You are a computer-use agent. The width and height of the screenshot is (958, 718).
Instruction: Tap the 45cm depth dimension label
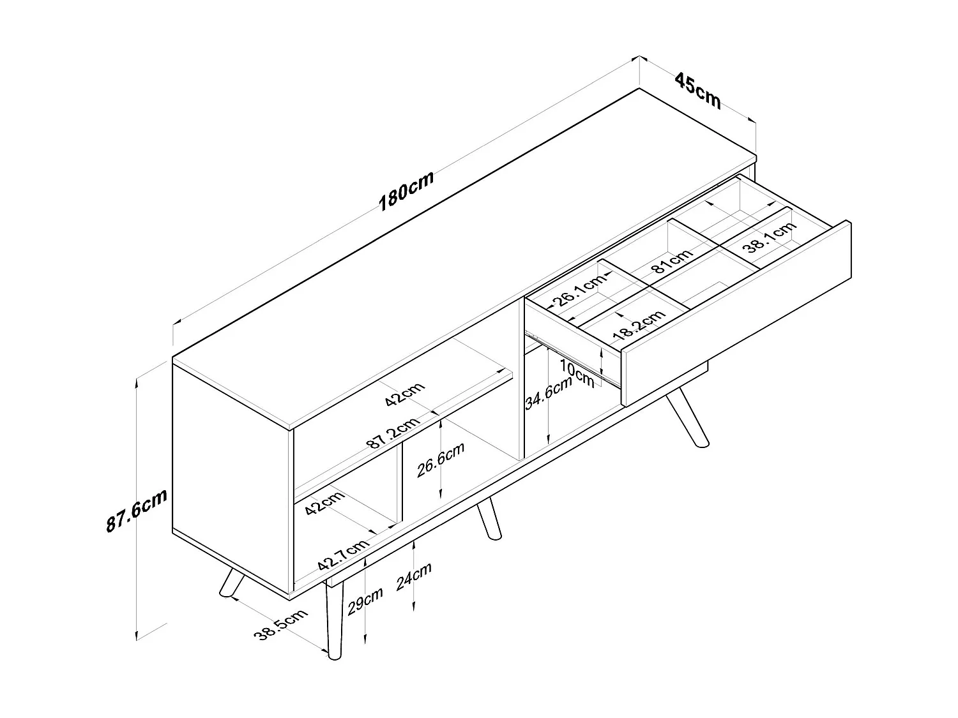coord(698,91)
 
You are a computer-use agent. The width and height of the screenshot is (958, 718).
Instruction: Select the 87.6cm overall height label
coord(136,511)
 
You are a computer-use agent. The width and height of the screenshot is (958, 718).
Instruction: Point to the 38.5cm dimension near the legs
coord(281,625)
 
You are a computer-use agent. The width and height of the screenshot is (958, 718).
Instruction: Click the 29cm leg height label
coord(365,601)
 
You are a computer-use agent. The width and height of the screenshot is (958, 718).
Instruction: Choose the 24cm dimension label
coord(414,576)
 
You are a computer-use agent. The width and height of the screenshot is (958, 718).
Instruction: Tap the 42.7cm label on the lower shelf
coord(343,555)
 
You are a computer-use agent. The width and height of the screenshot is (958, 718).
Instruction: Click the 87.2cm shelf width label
coord(394,433)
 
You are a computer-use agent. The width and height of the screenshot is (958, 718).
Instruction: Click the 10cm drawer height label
coord(577,373)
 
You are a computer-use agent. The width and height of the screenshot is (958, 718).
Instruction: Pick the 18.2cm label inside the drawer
coord(639,325)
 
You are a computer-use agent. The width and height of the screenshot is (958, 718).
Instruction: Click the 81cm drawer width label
coord(671,261)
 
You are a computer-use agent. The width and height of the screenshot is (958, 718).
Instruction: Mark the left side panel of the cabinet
coord(231,479)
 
